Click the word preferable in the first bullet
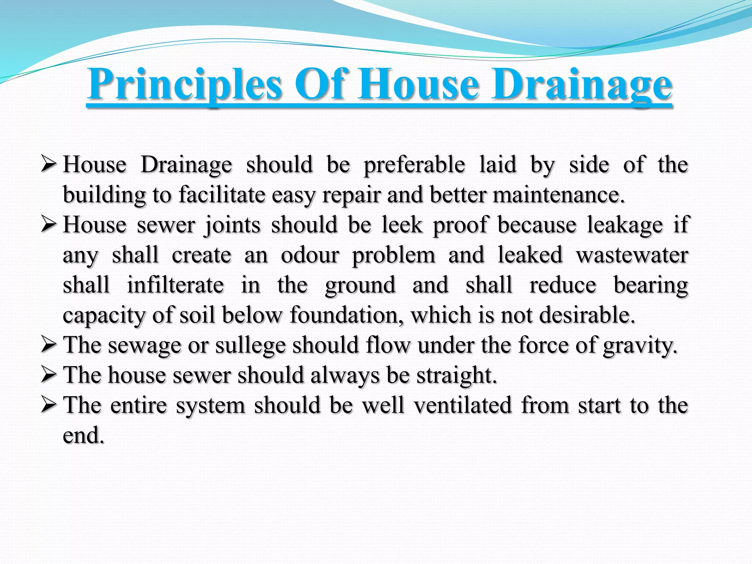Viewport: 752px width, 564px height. [414, 165]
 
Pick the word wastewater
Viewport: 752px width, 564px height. [632, 255]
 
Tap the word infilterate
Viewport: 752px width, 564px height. [175, 285]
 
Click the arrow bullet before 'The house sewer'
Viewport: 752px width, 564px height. [49, 375]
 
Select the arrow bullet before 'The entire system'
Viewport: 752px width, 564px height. [49, 405]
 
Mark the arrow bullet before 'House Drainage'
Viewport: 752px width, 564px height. [49, 165]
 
